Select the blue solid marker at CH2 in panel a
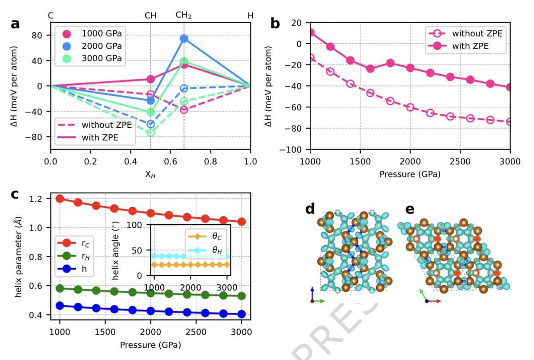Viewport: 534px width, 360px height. pos(184,38)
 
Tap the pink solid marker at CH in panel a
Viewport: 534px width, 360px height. pos(150,79)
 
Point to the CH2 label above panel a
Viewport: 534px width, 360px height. pos(183,15)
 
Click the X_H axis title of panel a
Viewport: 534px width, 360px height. pos(150,175)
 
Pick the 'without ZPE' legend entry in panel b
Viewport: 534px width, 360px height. pos(465,33)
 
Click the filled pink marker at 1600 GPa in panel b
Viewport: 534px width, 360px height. pos(370,69)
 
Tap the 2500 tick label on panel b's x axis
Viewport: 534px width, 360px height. pos(460,162)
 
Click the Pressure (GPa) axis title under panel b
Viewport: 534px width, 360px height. pos(410,174)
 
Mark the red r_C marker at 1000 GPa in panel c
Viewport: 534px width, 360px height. pos(60,198)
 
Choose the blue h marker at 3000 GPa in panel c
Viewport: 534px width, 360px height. pos(242,314)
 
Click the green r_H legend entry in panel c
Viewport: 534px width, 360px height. pos(74,256)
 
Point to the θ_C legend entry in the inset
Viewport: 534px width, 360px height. pos(205,236)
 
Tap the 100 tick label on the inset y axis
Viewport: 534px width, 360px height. pos(134,225)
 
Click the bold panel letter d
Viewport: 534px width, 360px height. pos(310,209)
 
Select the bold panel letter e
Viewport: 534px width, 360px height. pos(409,210)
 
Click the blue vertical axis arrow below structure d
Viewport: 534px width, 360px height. pos(312,294)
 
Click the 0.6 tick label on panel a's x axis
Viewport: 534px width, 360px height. pos(170,162)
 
